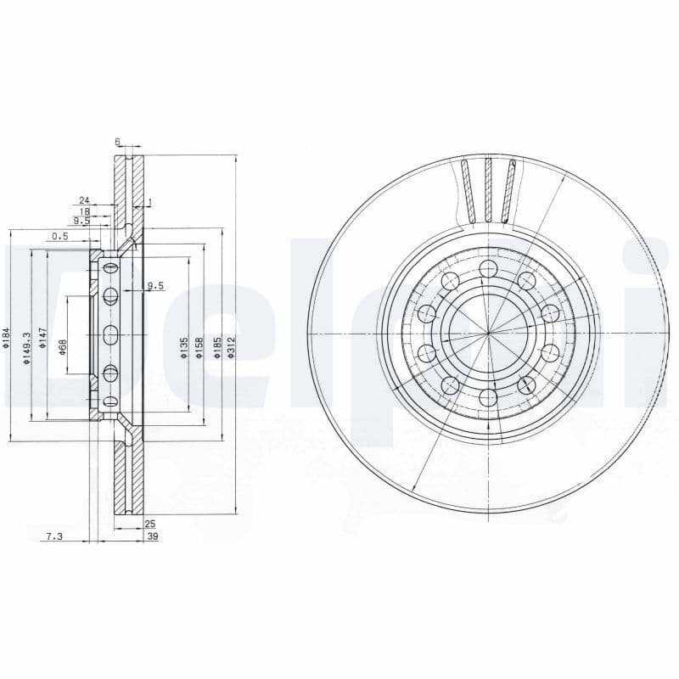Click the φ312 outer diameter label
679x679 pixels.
(231, 347)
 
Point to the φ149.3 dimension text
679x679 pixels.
(26, 347)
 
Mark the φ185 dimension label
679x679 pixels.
(216, 347)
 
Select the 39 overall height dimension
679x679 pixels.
(152, 536)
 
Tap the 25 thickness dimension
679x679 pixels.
(151, 525)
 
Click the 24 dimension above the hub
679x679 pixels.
(84, 200)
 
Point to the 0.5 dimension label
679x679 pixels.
(59, 236)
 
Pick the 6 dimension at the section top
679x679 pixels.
(118, 142)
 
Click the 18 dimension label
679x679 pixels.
(84, 210)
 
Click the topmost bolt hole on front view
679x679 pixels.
(487, 270)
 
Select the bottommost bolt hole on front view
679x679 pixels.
(487, 396)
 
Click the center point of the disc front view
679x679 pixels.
(488, 334)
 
